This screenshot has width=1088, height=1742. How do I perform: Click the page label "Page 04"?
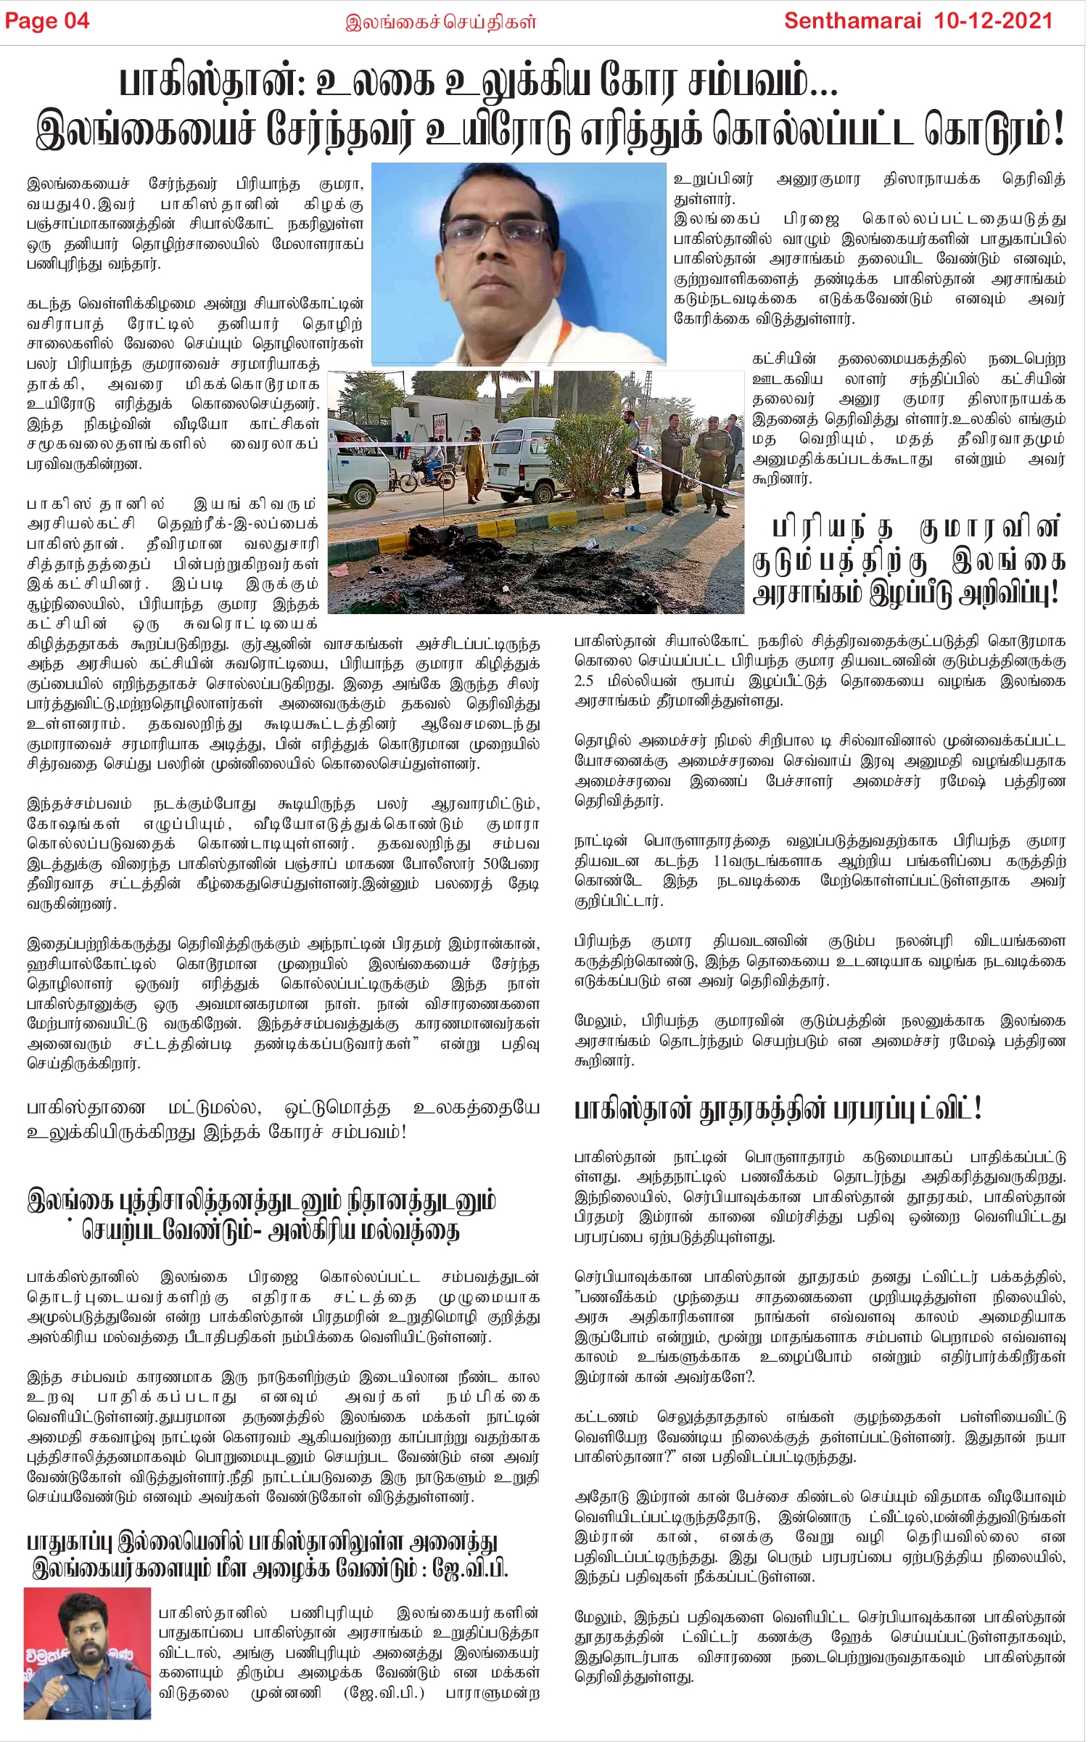[47, 21]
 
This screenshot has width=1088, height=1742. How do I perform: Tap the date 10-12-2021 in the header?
[993, 20]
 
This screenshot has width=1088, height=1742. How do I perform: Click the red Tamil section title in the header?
[441, 22]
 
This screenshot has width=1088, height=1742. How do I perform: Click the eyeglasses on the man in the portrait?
[503, 234]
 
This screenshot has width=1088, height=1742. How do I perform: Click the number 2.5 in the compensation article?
[584, 682]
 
